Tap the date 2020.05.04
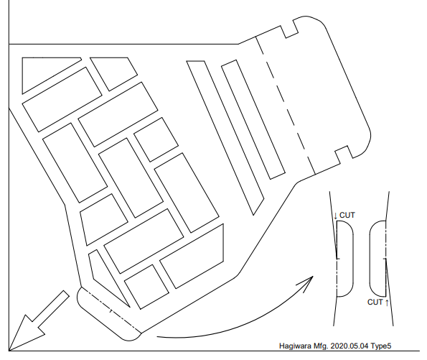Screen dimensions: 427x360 tap(349, 346)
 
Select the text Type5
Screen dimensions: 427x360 tap(381, 346)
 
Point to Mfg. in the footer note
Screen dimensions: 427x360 tap(321, 346)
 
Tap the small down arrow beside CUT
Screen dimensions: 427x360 tap(336, 216)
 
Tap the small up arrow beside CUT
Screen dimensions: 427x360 tap(387, 303)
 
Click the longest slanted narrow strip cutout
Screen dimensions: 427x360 tap(225, 138)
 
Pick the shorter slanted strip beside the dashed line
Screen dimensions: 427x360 tap(253, 120)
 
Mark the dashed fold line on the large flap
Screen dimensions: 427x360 tap(286, 106)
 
